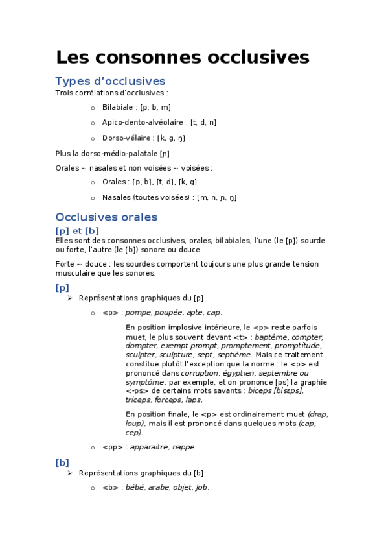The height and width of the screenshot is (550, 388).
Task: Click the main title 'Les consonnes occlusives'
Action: (x=182, y=57)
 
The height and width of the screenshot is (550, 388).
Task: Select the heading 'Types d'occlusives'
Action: (x=110, y=81)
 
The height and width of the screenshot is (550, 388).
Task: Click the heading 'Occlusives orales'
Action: (x=106, y=217)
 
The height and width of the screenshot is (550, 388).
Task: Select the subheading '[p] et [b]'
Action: (x=77, y=230)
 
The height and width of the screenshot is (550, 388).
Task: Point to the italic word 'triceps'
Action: (x=137, y=400)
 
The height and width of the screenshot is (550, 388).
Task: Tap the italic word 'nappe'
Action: (x=185, y=446)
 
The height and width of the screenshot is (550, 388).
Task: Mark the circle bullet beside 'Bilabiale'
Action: (x=93, y=108)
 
